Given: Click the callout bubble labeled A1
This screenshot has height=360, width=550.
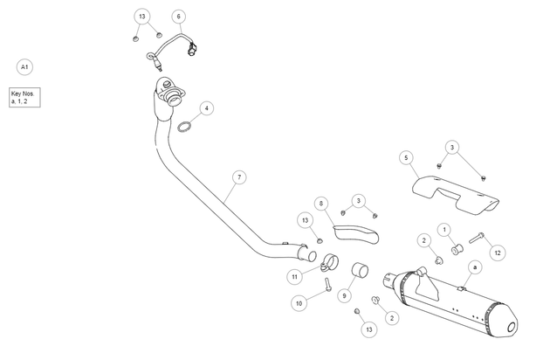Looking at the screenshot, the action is [x=24, y=66].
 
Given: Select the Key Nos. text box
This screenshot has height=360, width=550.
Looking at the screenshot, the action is [x=24, y=97].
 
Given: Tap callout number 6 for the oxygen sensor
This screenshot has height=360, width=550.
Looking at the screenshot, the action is [x=179, y=17].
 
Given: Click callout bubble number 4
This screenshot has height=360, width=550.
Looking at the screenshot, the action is [x=207, y=108].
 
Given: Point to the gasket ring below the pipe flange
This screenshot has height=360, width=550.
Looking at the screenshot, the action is [x=184, y=127].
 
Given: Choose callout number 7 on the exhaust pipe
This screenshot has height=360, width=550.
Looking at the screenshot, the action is [x=239, y=177].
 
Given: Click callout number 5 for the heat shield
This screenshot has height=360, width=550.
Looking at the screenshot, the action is [x=406, y=158].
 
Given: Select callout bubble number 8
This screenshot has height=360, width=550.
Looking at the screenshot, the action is [x=321, y=204].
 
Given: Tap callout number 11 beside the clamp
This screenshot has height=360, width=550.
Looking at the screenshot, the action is [x=295, y=277].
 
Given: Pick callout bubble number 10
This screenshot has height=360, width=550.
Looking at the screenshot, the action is [x=299, y=303].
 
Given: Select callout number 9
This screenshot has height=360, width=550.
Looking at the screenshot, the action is [x=344, y=295].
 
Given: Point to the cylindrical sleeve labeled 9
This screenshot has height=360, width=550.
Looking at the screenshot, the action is [x=360, y=270].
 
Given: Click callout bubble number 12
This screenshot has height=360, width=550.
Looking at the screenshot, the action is [x=498, y=253].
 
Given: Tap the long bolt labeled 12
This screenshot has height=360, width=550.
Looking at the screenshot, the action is [x=477, y=238].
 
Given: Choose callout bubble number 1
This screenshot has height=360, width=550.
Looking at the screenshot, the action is [x=444, y=230].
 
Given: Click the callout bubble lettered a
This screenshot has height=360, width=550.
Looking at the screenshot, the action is [x=475, y=267].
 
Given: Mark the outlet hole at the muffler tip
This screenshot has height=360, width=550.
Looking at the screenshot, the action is [x=512, y=328].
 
